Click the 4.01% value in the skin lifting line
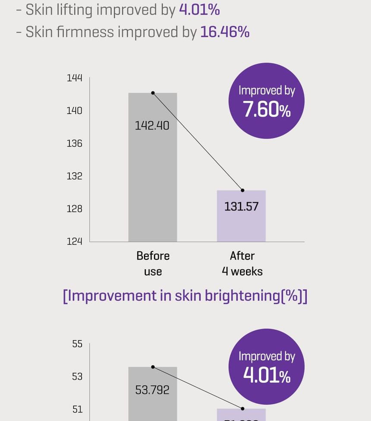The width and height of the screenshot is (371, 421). pyautogui.click(x=199, y=10)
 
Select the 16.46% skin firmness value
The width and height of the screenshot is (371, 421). pyautogui.click(x=225, y=32)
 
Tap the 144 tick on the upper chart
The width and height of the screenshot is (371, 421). pyautogui.click(x=74, y=78)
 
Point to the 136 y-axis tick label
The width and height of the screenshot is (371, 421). pyautogui.click(x=74, y=143)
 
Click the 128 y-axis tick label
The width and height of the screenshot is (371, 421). pyautogui.click(x=74, y=209)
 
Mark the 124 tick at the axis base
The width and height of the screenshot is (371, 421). pyautogui.click(x=74, y=241)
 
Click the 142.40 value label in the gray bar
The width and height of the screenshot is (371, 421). pyautogui.click(x=152, y=126)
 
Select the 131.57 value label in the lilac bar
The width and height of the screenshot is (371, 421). pyautogui.click(x=241, y=206)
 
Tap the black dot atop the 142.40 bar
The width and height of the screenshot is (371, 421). pyautogui.click(x=153, y=93)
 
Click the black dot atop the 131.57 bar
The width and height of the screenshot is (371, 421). pyautogui.click(x=242, y=190)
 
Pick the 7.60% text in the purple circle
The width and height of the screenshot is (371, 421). pyautogui.click(x=267, y=110)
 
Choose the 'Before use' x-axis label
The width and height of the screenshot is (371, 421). pyautogui.click(x=153, y=263)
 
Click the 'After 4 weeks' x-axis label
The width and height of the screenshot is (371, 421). pyautogui.click(x=242, y=263)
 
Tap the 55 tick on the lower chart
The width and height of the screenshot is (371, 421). pyautogui.click(x=77, y=344)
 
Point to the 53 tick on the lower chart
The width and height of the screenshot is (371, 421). pyautogui.click(x=77, y=377)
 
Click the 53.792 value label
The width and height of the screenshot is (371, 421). pyautogui.click(x=152, y=390)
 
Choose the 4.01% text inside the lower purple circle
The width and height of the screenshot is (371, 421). pyautogui.click(x=267, y=376)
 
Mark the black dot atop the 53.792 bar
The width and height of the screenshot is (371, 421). pyautogui.click(x=153, y=367)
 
